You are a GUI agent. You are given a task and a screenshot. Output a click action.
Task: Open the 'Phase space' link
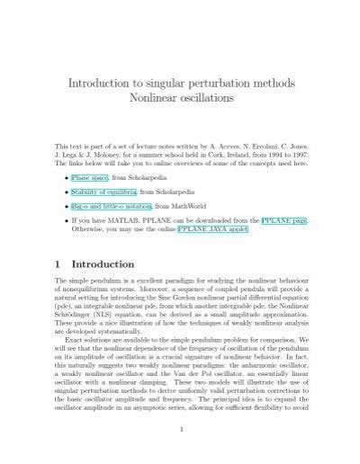click(x=91, y=179)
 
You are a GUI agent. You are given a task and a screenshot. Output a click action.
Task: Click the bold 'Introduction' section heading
click(x=103, y=264)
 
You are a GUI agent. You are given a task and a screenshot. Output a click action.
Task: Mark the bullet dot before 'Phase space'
click(x=63, y=179)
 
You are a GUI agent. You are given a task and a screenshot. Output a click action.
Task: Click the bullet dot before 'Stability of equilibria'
click(x=63, y=192)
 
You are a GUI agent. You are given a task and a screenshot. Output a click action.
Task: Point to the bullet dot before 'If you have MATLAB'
click(x=63, y=219)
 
